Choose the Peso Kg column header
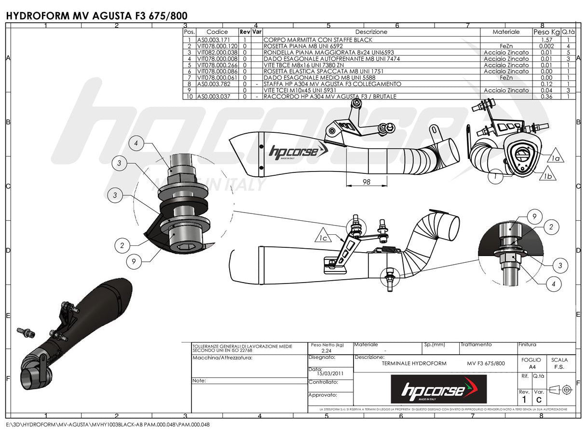pos(546,32)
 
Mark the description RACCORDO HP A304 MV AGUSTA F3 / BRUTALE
pos(330,97)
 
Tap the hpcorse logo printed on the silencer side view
pos(292,152)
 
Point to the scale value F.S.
pos(560,367)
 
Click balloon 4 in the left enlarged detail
pos(137,143)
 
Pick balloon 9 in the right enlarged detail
pos(534,217)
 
